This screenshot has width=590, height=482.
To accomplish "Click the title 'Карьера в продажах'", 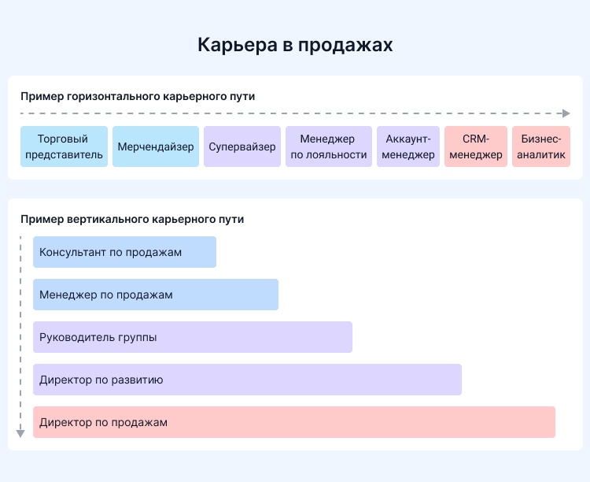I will (295, 44).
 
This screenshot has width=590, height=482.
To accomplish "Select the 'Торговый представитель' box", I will (65, 146).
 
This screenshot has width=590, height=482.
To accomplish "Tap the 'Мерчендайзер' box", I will (156, 146).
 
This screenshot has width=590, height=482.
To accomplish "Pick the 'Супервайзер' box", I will (242, 146).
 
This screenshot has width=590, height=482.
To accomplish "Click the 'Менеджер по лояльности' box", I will (329, 146).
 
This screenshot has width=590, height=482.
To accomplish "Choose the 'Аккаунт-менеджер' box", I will (409, 146).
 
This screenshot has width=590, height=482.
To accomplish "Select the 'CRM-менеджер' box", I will (476, 146).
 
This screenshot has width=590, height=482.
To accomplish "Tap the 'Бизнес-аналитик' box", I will (541, 146).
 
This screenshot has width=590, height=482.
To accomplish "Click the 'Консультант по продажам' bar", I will (124, 252).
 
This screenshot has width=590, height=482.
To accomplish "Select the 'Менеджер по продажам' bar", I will (156, 295).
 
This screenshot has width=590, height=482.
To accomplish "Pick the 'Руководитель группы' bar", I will (193, 337).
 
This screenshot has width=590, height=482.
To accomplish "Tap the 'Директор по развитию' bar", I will (247, 380).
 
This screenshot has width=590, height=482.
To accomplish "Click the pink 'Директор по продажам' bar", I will (294, 422).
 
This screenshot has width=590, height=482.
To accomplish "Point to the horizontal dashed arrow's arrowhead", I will (566, 113).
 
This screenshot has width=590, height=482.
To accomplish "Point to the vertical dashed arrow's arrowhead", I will (21, 432).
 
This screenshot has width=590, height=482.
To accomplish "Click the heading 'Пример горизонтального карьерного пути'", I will (138, 96).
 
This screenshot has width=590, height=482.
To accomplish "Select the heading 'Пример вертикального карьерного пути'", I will (132, 220).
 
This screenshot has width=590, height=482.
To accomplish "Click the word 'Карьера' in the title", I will (234, 44).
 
